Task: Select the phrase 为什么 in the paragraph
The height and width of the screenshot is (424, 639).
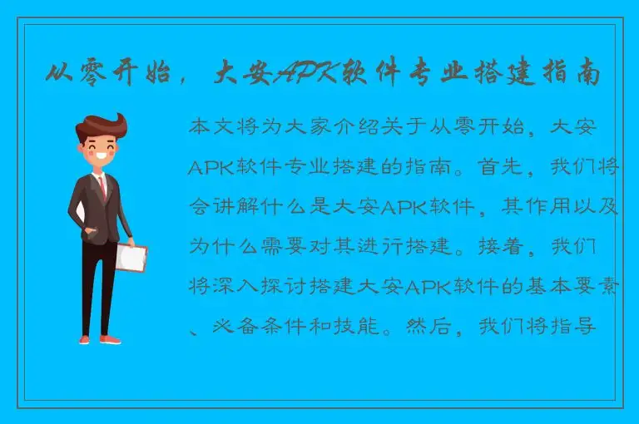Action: tap(219, 248)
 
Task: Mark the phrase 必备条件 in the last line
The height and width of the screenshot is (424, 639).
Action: tap(240, 325)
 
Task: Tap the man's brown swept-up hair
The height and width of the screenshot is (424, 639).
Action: tap(99, 130)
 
